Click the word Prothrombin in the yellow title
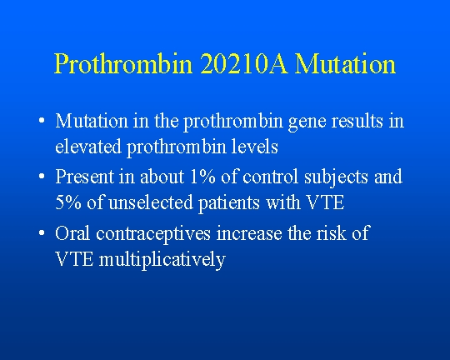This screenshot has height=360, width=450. [123, 63]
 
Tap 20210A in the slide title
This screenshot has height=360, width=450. [243, 63]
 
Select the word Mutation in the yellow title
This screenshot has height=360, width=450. [345, 63]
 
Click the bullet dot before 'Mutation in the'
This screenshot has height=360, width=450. [42, 120]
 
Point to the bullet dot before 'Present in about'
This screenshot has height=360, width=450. [42, 176]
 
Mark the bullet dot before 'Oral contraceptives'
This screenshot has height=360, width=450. [42, 232]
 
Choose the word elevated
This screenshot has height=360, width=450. [88, 146]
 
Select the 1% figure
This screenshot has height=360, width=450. [202, 177]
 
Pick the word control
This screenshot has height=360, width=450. [270, 176]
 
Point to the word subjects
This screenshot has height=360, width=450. [336, 178]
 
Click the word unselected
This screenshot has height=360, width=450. [151, 202]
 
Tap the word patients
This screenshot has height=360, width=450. [229, 204]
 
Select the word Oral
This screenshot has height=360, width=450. [72, 232]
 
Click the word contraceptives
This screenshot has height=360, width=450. [153, 234]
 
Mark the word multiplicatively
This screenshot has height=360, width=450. [162, 260]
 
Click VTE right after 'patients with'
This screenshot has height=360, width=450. [326, 202]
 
